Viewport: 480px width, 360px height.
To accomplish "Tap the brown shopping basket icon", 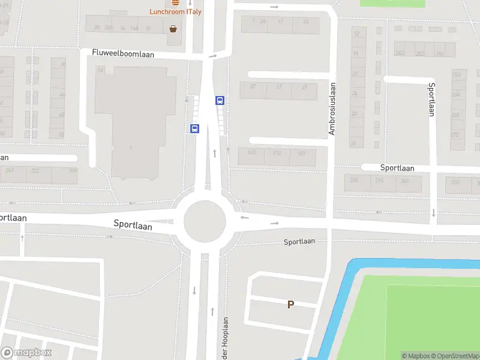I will [173, 28].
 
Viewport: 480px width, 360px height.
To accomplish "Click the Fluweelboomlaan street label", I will [123, 53].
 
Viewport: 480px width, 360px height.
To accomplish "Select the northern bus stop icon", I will [220, 101].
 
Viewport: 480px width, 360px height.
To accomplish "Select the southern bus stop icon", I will [194, 128].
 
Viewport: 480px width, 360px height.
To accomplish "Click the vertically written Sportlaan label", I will [431, 99].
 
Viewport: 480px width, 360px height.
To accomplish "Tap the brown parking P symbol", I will [290, 304].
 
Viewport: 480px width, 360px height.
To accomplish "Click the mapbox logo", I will [27, 353].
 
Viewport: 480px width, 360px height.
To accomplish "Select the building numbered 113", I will [277, 154].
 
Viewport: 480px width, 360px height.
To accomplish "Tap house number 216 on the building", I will [379, 180].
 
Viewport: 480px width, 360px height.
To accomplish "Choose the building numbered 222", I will [35, 170].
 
